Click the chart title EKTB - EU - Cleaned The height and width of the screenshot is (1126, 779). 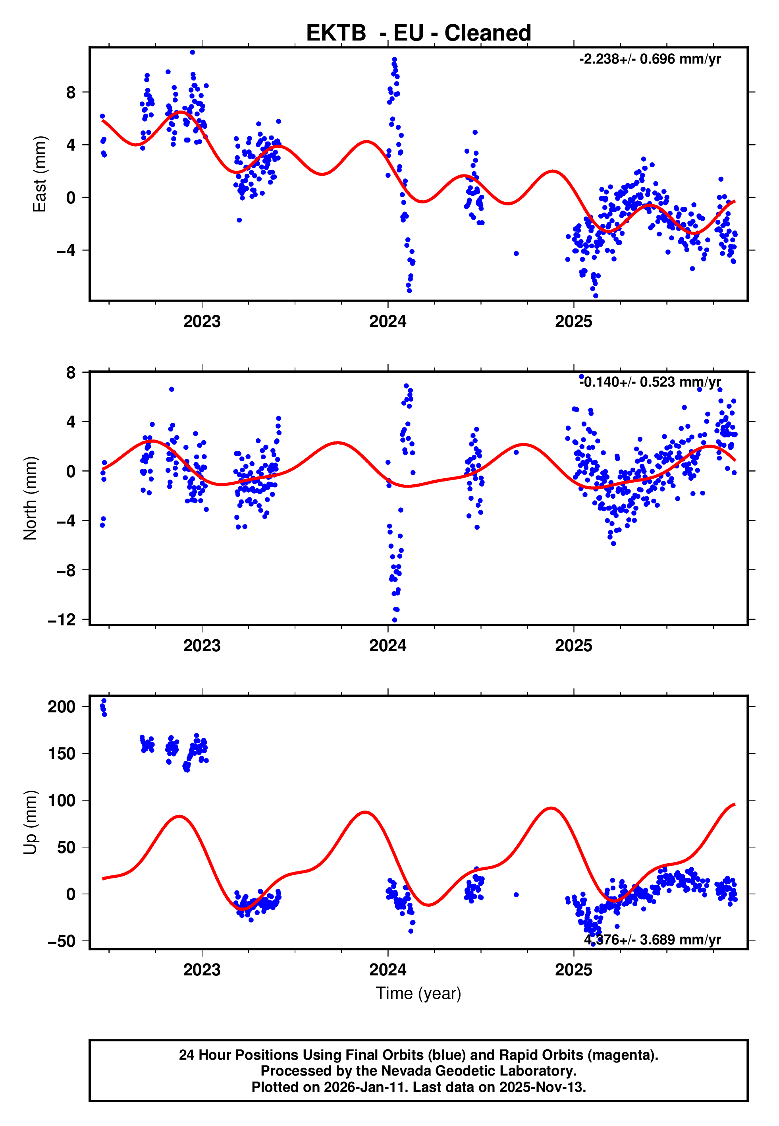tap(418, 33)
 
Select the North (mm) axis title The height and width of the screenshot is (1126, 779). tap(30, 498)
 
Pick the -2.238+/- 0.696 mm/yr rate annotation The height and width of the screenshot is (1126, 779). tap(650, 59)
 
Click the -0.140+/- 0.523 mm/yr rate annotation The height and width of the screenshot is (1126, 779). tap(650, 382)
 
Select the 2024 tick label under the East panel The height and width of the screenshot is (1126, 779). tap(388, 322)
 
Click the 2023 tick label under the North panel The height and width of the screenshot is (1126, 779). tap(202, 646)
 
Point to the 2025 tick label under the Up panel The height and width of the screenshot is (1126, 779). tap(573, 970)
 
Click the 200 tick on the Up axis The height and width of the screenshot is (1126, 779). tap(62, 706)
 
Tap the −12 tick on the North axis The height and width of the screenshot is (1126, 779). tap(62, 620)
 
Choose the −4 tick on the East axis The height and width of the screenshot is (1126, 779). tap(66, 250)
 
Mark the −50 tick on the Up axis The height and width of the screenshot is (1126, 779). tap(62, 941)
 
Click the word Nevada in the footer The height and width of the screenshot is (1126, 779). tap(404, 1071)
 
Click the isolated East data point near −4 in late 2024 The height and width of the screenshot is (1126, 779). tap(516, 253)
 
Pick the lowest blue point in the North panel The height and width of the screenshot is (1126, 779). tap(394, 620)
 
